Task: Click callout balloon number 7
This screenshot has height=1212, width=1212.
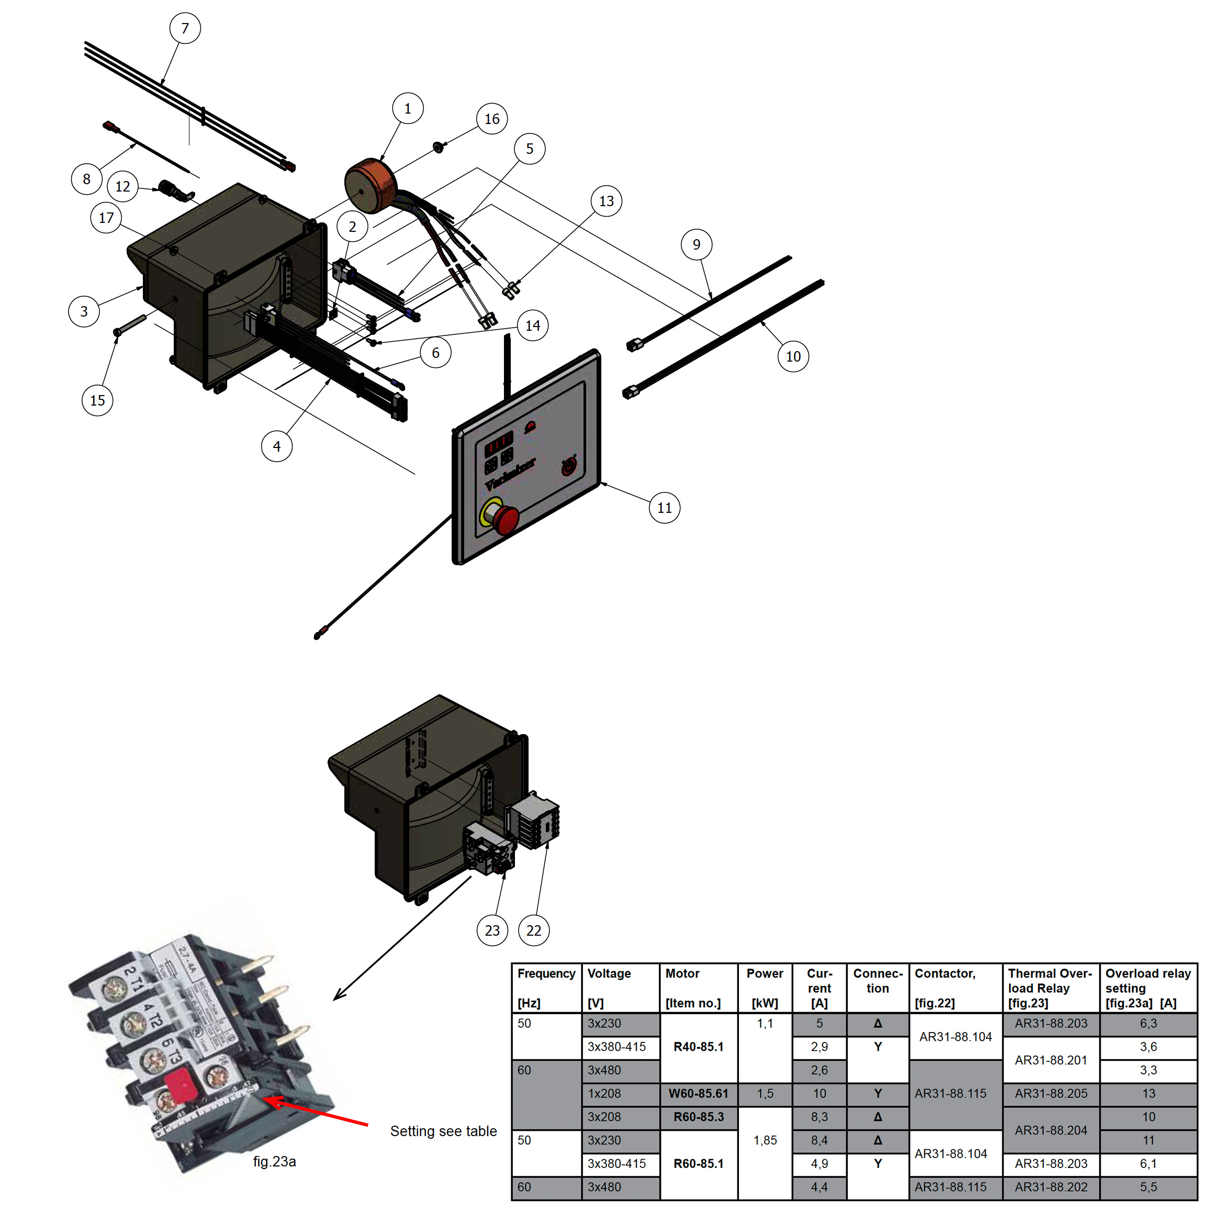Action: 185,28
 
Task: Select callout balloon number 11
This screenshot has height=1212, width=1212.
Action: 664,508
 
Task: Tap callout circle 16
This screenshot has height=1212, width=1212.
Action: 492,119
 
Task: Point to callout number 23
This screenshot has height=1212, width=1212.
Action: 492,930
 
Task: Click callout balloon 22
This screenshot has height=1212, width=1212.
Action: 534,930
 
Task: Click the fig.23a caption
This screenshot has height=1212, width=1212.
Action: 274,1161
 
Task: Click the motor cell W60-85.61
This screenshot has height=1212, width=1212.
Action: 698,1093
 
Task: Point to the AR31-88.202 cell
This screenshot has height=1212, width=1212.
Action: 1051,1187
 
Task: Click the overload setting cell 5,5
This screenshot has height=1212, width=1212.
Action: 1148,1187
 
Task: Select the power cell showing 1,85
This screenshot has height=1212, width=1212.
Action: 765,1140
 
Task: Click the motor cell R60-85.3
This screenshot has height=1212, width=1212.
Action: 698,1117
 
